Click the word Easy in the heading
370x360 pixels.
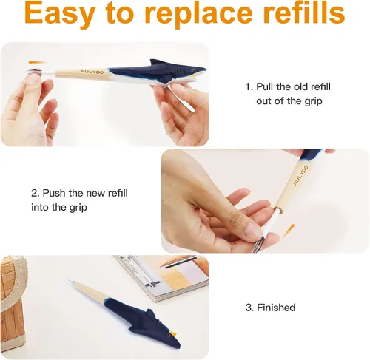tap(59, 14)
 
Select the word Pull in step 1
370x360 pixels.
tap(265, 86)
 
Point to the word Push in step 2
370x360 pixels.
tap(54, 193)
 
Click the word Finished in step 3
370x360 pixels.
tap(276, 308)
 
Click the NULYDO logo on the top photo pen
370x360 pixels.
tap(92, 72)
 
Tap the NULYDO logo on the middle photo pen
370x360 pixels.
tap(300, 176)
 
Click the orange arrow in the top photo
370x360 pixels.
tap(37, 62)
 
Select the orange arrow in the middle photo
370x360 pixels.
tap(289, 230)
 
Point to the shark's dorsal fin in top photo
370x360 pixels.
tap(158, 62)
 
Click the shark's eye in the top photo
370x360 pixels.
tap(192, 70)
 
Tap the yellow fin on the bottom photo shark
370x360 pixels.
tap(173, 334)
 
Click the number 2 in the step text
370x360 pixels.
tap(34, 193)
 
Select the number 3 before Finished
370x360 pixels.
tap(249, 308)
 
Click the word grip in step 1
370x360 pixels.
tap(313, 101)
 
